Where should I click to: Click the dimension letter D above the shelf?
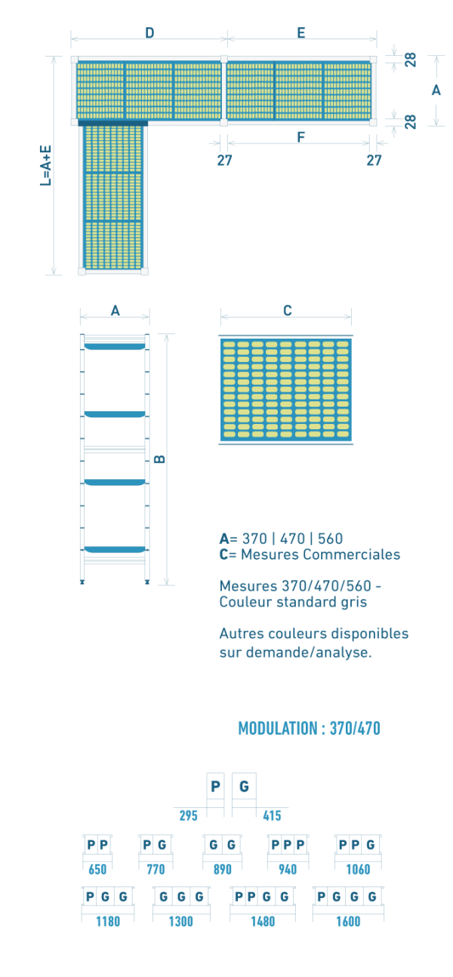click(149, 32)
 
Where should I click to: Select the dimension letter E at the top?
click(301, 32)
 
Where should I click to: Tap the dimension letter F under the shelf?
click(300, 137)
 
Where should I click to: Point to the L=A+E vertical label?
click(46, 166)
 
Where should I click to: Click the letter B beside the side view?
click(160, 459)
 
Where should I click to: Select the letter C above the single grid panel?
click(287, 311)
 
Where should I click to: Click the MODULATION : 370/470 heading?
click(309, 728)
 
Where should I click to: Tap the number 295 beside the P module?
click(189, 816)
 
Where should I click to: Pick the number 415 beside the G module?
click(272, 816)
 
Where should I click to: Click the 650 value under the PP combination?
click(97, 869)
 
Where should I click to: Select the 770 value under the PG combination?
click(156, 869)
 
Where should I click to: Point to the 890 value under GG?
click(223, 869)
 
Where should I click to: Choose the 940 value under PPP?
click(288, 869)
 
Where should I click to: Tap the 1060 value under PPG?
click(359, 869)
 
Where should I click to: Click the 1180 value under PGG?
click(108, 922)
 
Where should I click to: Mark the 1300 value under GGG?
click(180, 922)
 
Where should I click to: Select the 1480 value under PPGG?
click(263, 922)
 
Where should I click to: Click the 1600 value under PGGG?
click(348, 922)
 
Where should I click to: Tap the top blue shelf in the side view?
click(115, 347)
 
